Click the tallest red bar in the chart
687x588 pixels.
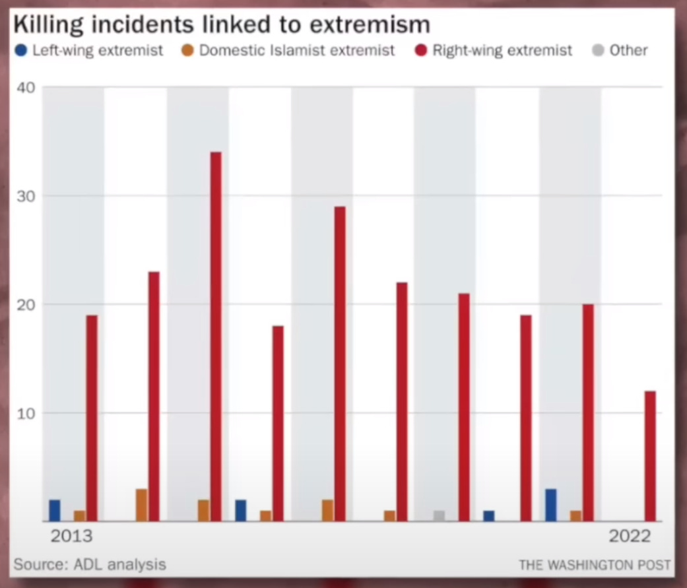216,337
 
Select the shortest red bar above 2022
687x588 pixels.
650,456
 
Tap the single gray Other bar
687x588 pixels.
439,516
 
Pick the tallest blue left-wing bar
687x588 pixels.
550,505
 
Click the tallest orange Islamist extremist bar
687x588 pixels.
141,505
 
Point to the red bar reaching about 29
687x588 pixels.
340,364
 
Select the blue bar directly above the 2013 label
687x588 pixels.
54,511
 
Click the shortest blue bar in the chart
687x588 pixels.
488,516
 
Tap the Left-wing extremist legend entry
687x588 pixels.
90,51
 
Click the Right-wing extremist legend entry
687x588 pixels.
494,51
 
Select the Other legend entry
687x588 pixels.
620,51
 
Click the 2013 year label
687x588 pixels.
71,536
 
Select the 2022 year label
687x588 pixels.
630,536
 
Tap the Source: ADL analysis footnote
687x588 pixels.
89,565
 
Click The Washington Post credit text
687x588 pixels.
594,566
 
